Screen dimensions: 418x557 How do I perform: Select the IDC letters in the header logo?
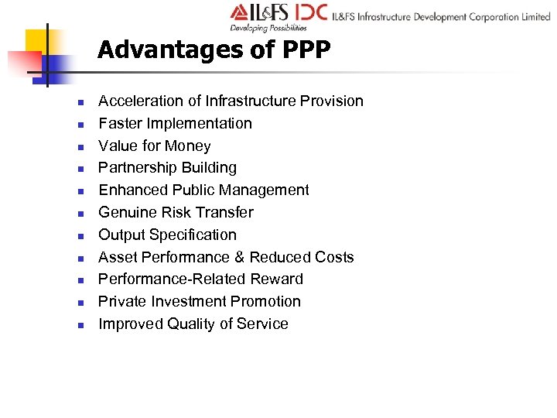coord(309,14)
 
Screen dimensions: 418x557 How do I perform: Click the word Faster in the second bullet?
coord(120,124)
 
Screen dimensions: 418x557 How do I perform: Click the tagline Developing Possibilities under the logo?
coord(268,29)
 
